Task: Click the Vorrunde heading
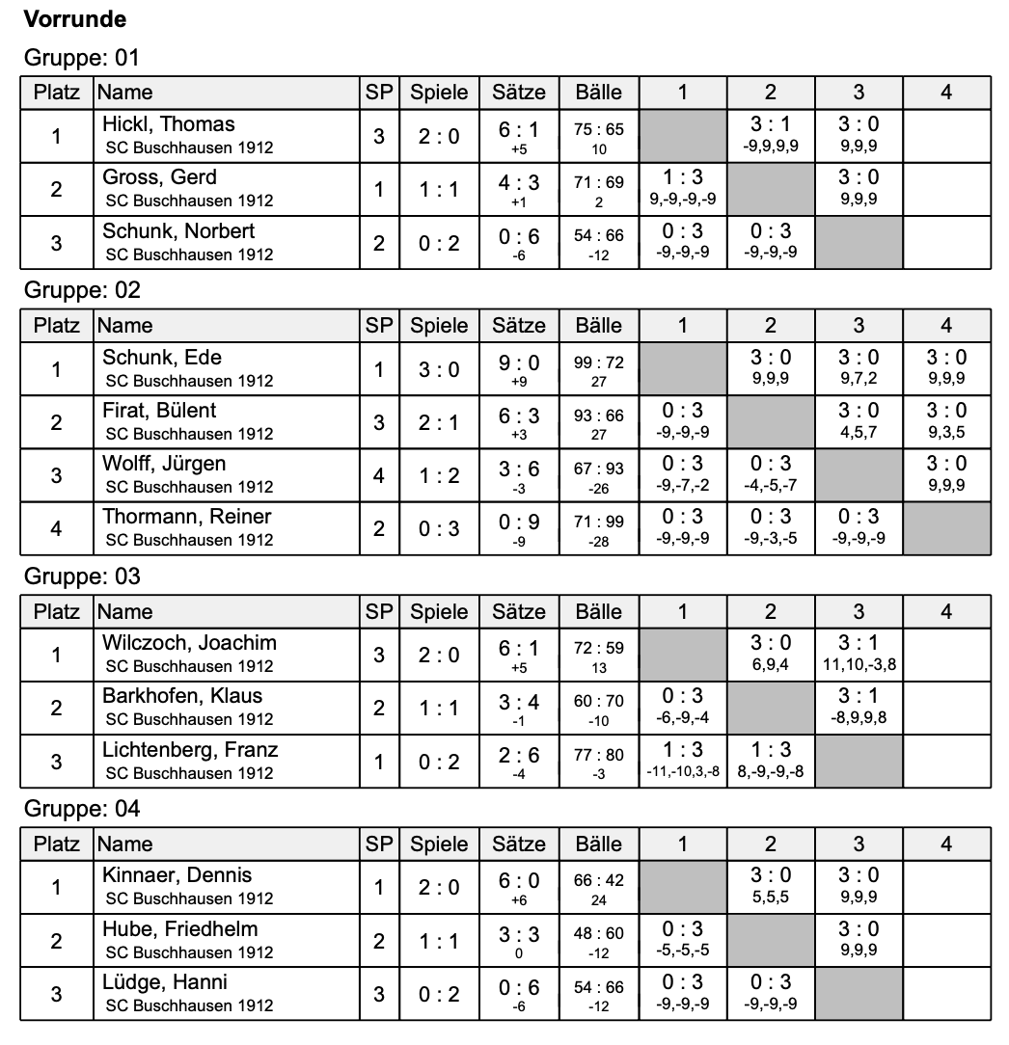tap(75, 18)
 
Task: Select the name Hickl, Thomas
tap(169, 124)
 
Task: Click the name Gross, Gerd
tap(160, 177)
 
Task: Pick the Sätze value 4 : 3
tap(519, 182)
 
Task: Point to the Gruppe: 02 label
tap(82, 290)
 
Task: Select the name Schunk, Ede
tap(163, 358)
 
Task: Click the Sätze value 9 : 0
tap(519, 362)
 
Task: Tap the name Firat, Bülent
tap(160, 411)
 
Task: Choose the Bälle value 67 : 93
tap(599, 469)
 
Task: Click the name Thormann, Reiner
tap(187, 517)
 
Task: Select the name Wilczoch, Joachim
tap(190, 643)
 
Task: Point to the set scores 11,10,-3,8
tap(859, 664)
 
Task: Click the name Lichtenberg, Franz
tap(191, 750)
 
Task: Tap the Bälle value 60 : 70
tap(599, 702)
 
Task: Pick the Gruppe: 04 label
tap(82, 809)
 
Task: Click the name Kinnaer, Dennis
tap(177, 875)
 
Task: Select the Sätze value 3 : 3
tap(519, 934)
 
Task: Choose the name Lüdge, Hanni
tap(166, 982)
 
